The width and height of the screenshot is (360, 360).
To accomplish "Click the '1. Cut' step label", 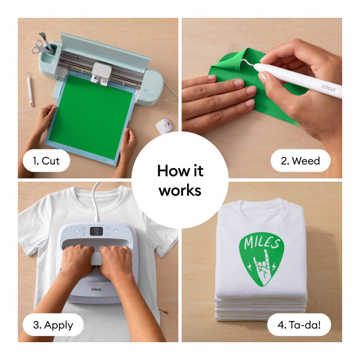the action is coord(46,161).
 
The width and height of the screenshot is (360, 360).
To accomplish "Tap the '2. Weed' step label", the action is coord(300,161).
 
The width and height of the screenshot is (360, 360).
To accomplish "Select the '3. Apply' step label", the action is coord(53,325).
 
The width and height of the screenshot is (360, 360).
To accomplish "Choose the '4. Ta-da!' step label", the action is coord(299,325).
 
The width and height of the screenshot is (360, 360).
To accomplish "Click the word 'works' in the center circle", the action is coord(180,190).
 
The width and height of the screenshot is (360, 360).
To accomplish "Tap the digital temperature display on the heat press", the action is coord(96,231).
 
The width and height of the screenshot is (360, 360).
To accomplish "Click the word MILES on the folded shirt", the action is coord(262,242).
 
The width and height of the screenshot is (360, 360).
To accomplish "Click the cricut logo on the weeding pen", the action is coord(329,88).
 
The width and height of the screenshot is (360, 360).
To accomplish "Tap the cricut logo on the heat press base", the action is coord(96,289).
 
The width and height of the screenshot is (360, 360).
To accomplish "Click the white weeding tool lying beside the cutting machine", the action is coord(30,89).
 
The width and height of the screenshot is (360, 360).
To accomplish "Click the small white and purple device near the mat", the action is coord(164,125).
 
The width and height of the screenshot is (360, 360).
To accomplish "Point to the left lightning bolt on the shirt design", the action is coord(250,267).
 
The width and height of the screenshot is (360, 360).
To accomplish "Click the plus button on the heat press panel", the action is coord(109,229).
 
